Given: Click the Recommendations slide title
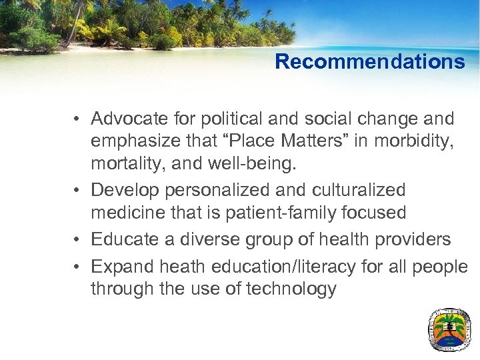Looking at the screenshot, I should pos(369,62).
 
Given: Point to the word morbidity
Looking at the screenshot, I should pos(419,142).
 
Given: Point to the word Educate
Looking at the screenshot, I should pos(123,239).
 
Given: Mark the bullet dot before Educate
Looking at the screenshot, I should pos(78,240).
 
